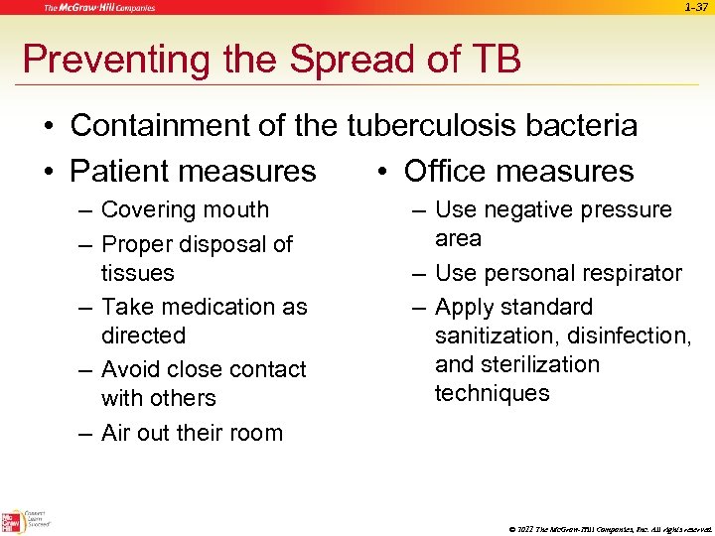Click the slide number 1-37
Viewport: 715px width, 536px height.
[x=696, y=8]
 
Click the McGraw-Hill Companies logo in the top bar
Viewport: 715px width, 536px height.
[x=98, y=8]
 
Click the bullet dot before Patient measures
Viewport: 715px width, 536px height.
[x=49, y=172]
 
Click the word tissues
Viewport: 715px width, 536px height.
[x=137, y=272]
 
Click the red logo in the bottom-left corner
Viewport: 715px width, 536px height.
[x=13, y=521]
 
